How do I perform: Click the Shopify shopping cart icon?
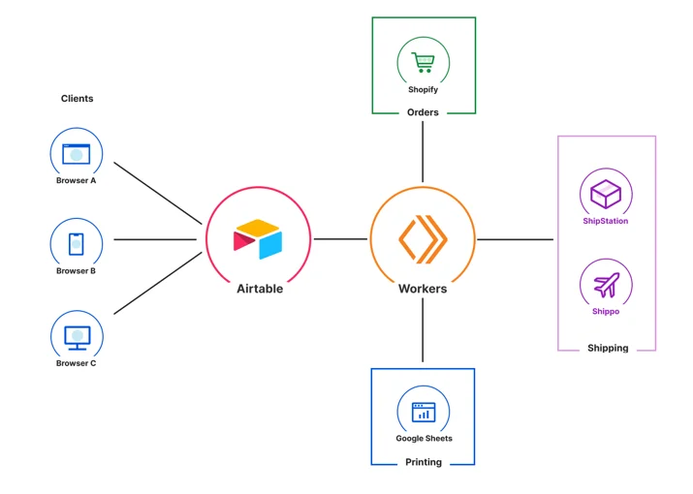[423, 62]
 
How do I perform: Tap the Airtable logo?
[258, 239]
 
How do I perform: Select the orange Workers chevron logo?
[423, 239]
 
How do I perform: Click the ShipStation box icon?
[606, 194]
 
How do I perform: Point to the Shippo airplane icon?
[607, 285]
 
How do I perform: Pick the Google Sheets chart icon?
[424, 413]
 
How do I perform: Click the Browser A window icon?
[76, 154]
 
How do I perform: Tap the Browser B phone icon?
[76, 244]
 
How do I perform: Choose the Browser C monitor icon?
[78, 338]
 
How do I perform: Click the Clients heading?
[77, 99]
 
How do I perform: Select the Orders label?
[423, 112]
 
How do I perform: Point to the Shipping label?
[608, 348]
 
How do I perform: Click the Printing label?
[424, 462]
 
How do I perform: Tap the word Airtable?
[260, 289]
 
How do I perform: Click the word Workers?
[423, 289]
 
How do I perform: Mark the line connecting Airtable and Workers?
[340, 239]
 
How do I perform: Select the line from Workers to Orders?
[423, 151]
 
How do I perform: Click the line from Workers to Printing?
[423, 330]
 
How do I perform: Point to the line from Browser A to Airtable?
[158, 193]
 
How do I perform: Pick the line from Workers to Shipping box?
[516, 239]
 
